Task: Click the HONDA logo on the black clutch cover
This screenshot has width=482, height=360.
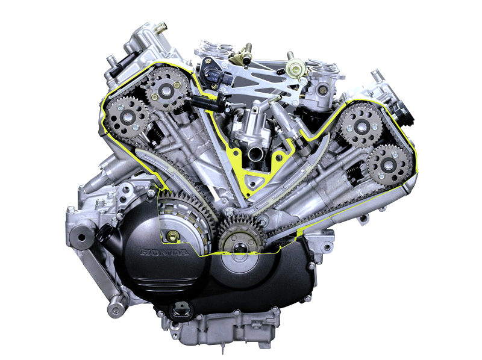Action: click(164, 252)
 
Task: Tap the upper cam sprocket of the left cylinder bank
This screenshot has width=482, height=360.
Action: click(167, 89)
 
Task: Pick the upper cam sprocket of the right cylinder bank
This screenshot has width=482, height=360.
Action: click(360, 125)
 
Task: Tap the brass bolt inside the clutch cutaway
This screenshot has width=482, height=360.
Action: click(173, 236)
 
